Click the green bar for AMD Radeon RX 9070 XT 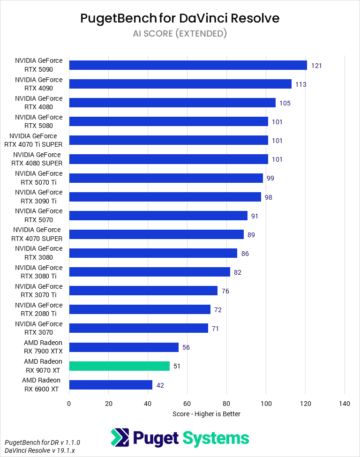click(119, 366)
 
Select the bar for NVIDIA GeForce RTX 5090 click(187, 65)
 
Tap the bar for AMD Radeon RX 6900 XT click(111, 385)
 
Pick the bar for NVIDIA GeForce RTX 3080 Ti click(150, 272)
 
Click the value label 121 click(316, 66)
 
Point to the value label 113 click(301, 84)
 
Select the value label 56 click(187, 347)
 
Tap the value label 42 click(160, 385)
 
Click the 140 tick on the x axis click(345, 404)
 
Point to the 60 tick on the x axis click(187, 404)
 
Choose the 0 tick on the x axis click(69, 404)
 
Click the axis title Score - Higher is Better click(206, 414)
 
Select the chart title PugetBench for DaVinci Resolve click(180, 18)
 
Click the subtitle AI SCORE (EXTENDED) click(180, 33)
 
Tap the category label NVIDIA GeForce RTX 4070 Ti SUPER click(33, 140)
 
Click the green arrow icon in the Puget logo click(120, 438)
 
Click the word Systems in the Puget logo click(215, 438)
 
